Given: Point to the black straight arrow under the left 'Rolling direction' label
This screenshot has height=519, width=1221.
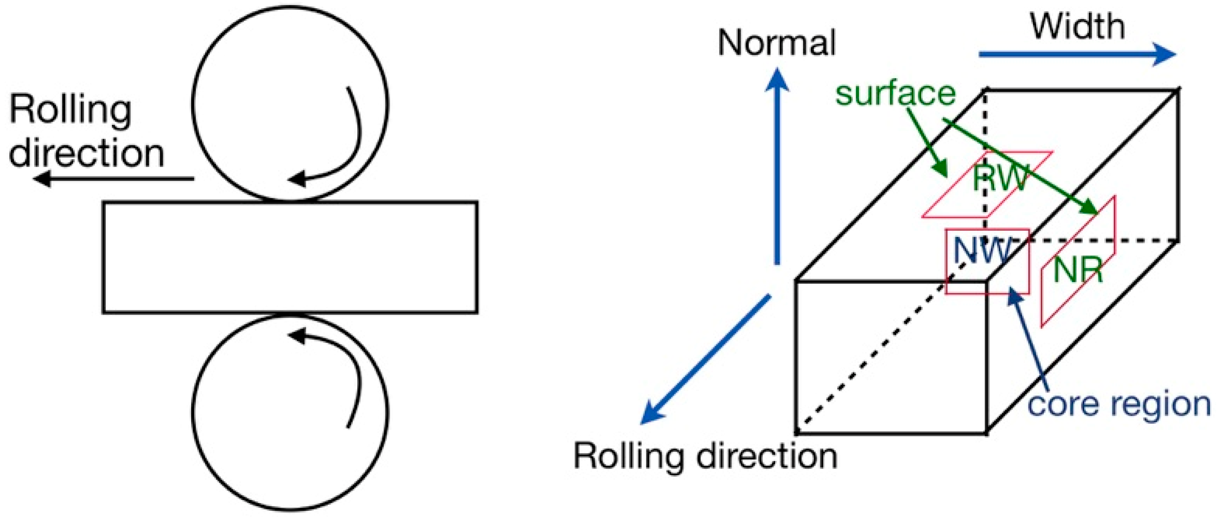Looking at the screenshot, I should (x=114, y=179).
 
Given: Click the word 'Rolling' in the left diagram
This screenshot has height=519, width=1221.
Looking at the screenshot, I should (x=70, y=110).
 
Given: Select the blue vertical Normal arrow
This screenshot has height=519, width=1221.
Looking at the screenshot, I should (x=777, y=166).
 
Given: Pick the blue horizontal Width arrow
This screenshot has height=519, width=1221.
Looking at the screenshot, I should (x=1076, y=54).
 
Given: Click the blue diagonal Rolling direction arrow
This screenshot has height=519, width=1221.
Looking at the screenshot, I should (x=706, y=359).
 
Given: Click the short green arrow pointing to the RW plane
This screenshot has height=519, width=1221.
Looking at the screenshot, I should (x=927, y=142).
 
